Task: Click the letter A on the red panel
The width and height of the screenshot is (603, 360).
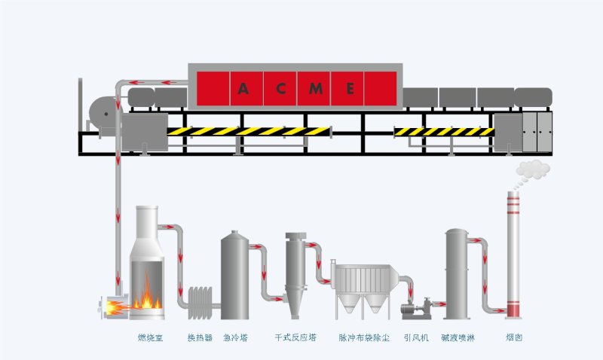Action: tap(243, 88)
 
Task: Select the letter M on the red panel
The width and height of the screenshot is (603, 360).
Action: tap(316, 88)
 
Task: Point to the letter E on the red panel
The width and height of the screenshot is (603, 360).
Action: tap(350, 88)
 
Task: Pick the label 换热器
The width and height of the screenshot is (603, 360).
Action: tap(200, 338)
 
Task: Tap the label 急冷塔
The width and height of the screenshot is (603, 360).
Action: tap(236, 338)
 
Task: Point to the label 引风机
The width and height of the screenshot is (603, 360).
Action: tap(416, 338)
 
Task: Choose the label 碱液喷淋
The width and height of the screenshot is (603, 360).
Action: tap(458, 338)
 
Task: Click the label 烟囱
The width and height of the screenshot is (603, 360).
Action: tap(514, 338)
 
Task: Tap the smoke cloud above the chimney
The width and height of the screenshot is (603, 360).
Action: tap(533, 169)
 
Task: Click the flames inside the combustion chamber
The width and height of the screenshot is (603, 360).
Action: tap(147, 295)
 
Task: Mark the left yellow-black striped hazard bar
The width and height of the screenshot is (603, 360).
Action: tap(249, 131)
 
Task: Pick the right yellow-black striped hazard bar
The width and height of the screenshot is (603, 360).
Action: tap(444, 132)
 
